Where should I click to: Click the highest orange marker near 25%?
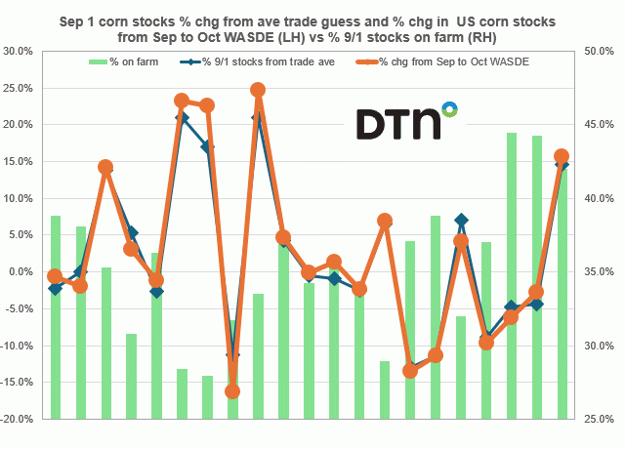(x=258, y=90)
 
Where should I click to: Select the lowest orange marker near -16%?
(x=232, y=391)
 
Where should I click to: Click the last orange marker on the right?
(x=562, y=156)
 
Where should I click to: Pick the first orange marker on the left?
(x=56, y=276)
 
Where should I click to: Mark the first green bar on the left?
(x=56, y=317)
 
